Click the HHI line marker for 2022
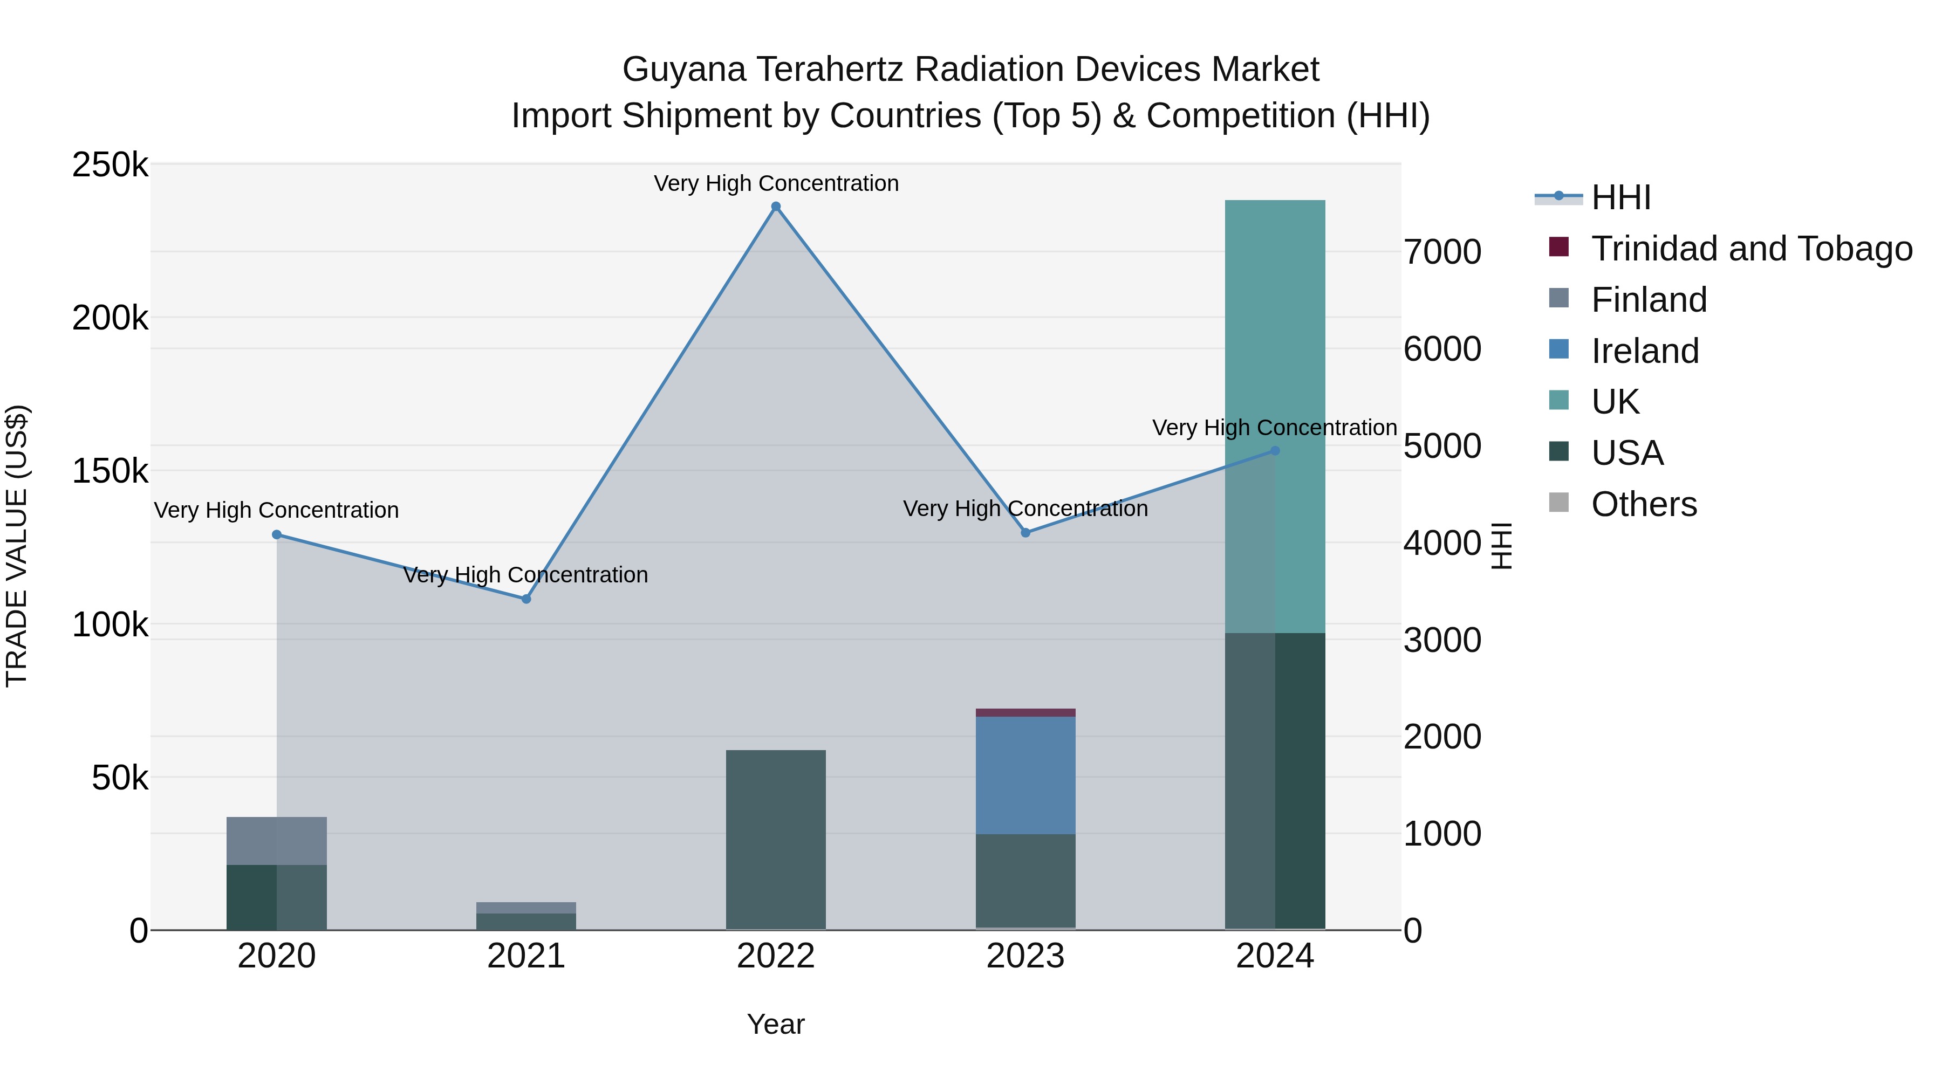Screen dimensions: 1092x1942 point(776,207)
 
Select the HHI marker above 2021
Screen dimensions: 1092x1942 point(526,599)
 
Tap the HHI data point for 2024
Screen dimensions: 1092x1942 point(1275,451)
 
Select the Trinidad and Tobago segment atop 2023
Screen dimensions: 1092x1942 point(1025,712)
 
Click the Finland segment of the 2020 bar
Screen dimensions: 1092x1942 point(277,840)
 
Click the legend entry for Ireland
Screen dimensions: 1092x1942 point(1644,351)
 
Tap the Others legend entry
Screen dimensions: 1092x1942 point(1644,504)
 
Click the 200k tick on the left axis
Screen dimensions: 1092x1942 point(110,318)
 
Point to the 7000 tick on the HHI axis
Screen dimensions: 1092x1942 point(1441,252)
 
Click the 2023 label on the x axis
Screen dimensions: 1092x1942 point(1025,956)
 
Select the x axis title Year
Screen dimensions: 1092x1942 point(776,1024)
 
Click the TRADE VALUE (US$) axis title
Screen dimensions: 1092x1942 point(17,546)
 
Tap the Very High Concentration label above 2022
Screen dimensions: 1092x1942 point(776,183)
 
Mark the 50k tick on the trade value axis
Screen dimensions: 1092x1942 point(120,778)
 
